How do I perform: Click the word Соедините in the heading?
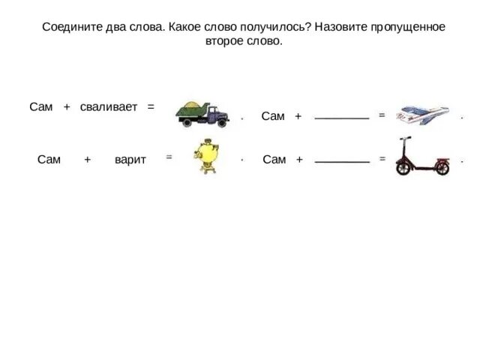[x=68, y=27]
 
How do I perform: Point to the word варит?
[x=130, y=160]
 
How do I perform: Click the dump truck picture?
[x=202, y=113]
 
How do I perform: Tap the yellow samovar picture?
[x=205, y=157]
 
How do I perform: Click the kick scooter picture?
[x=421, y=157]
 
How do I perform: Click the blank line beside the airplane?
[x=342, y=118]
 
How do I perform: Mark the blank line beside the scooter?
[x=342, y=162]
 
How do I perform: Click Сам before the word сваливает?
[x=41, y=107]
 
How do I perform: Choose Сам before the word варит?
[x=49, y=160]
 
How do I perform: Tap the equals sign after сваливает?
[x=151, y=107]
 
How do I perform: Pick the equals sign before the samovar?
[x=169, y=157]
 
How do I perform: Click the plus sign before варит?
[x=87, y=160]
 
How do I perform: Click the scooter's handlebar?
[x=406, y=140]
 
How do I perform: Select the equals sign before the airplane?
[x=382, y=115]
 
